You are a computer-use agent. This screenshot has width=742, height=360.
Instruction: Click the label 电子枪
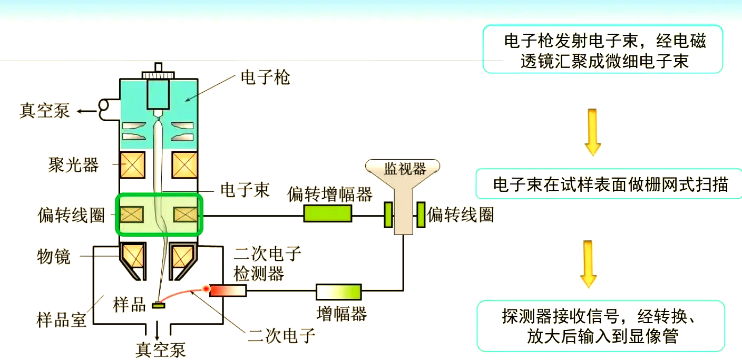coord(266,78)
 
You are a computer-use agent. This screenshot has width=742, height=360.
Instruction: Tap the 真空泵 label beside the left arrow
coord(45,111)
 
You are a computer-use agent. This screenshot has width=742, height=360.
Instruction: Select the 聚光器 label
coord(74,165)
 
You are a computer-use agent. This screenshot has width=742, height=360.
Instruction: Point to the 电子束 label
coord(245,190)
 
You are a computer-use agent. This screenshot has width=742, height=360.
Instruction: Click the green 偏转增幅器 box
coord(327,213)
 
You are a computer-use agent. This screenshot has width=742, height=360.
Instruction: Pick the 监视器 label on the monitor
coord(405,169)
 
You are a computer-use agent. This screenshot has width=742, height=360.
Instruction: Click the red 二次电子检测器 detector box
coord(228,290)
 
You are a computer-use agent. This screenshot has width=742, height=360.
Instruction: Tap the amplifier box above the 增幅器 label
coord(339,292)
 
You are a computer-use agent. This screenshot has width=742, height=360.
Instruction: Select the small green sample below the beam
coord(159,305)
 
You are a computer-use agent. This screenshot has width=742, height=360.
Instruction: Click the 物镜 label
coord(54,257)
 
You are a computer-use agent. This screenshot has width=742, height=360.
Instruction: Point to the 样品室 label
coord(62,319)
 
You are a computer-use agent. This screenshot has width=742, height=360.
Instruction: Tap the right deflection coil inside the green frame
coord(185,215)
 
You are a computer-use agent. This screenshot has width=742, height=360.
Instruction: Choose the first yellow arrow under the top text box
coord(592,132)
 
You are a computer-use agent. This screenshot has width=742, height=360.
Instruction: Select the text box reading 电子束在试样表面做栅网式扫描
coord(610,184)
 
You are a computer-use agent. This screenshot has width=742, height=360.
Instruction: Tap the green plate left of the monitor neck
coord(388,215)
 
